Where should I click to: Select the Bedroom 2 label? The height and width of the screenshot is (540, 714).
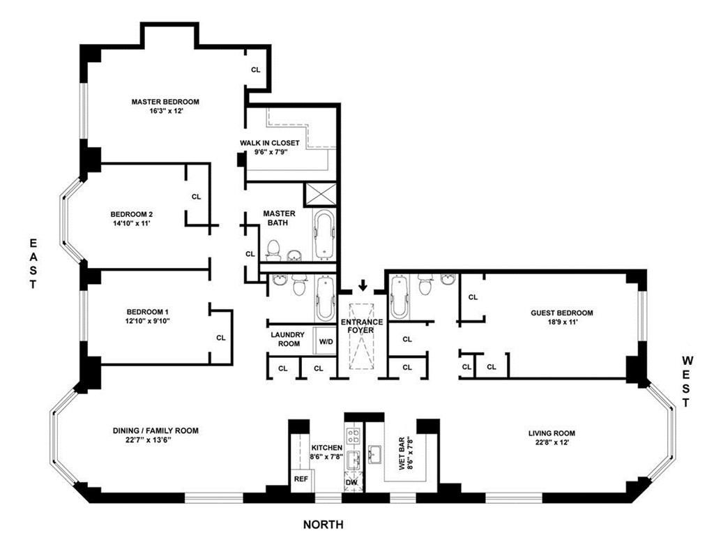131,214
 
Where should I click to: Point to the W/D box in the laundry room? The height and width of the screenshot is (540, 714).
325,342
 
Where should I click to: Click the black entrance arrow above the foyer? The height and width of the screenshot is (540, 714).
363,285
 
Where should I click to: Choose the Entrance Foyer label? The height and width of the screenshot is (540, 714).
362,326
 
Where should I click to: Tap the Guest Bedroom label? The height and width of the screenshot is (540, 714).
561,313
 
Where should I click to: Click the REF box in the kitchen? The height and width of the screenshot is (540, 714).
301,480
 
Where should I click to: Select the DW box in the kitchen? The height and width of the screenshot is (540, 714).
351,481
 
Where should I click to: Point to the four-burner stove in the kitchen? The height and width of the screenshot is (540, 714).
354,437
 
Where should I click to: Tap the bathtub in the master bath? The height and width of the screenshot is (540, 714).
325,235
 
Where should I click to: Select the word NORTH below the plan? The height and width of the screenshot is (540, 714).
323,525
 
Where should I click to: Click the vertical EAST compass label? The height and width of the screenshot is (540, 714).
32,264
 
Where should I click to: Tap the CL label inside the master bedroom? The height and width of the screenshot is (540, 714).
256,70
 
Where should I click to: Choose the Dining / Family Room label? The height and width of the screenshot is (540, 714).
155,431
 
